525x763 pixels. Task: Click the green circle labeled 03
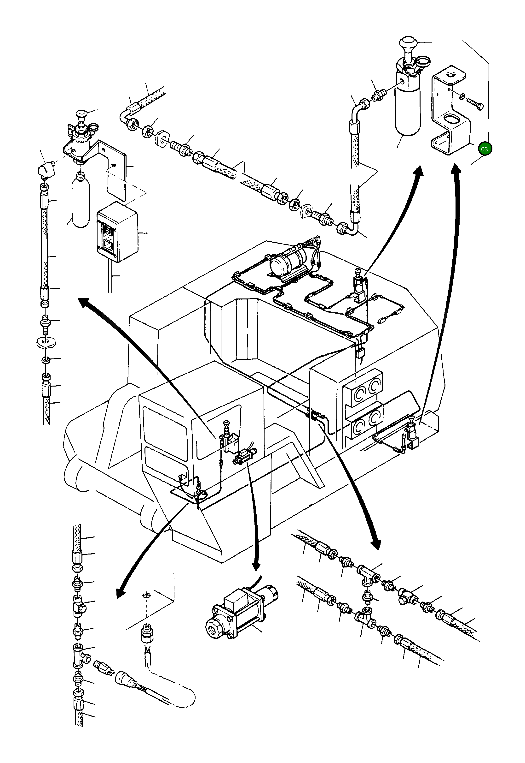[x=485, y=149]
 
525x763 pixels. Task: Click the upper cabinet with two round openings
[x=363, y=389]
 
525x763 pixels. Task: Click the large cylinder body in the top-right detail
[x=408, y=109]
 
